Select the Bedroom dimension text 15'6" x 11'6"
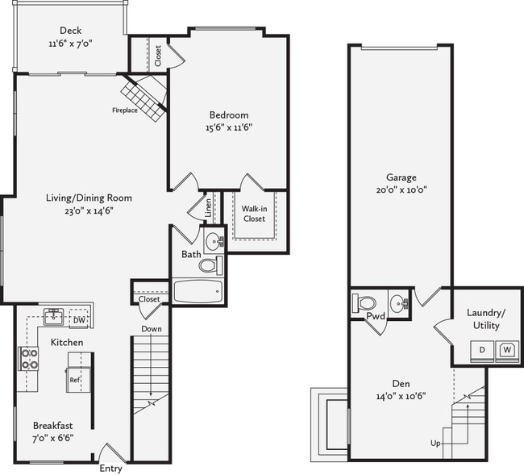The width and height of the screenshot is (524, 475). [x=229, y=127]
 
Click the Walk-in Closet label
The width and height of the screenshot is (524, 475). [x=254, y=213]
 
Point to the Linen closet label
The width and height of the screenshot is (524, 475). [x=208, y=207]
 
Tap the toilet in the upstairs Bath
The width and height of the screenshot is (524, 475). [x=209, y=265]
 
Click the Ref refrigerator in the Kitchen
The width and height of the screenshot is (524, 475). [x=75, y=379]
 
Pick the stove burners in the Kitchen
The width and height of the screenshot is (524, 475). [x=29, y=358]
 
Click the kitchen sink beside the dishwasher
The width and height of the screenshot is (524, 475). [x=54, y=315]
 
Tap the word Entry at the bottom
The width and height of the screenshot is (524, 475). [x=110, y=468]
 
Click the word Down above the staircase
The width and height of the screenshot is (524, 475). [x=152, y=329]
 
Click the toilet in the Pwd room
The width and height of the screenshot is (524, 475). [x=364, y=303]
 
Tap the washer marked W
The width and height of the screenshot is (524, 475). [x=508, y=350]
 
